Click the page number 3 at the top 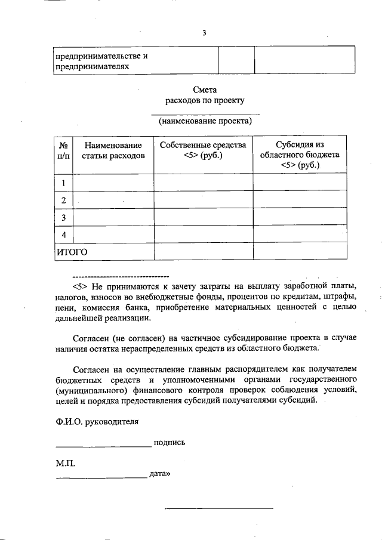204,32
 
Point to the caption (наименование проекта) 205,122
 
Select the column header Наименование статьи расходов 113,150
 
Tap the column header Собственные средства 203,150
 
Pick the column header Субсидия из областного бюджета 300,155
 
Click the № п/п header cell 63,150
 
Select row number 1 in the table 63,182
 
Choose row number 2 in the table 63,199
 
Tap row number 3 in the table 63,217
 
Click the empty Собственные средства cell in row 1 203,182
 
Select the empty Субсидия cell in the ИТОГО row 300,251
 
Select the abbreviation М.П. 66,462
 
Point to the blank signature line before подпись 104,445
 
